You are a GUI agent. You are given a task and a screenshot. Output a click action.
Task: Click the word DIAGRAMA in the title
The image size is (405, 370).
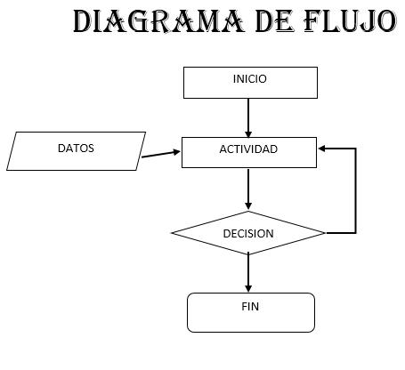coord(158,21)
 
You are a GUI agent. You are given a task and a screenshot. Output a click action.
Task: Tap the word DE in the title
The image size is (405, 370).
coord(274,21)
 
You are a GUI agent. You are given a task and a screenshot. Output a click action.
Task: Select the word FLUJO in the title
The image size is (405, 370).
coord(351,21)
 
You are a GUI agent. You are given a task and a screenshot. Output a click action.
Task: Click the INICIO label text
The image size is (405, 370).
coord(250,79)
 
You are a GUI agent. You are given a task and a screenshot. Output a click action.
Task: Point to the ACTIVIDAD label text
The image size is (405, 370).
coord(248,149)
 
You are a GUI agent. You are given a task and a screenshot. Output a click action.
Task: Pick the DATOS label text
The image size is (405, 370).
coord(76,149)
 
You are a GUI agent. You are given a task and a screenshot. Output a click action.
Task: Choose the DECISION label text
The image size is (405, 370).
coord(248,234)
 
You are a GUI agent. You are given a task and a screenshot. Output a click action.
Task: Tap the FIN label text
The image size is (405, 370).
coord(250,307)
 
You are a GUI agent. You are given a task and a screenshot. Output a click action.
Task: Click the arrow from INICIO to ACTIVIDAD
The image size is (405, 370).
coord(248,118)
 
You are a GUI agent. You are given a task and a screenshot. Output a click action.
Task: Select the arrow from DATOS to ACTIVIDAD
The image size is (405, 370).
coord(161,154)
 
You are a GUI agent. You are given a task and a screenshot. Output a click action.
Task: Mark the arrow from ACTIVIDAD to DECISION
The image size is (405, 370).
coord(248,189)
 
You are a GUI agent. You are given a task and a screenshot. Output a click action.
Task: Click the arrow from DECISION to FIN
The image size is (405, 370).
coord(248,273)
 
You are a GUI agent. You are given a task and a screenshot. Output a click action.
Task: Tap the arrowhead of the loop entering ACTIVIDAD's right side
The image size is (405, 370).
coord(321,149)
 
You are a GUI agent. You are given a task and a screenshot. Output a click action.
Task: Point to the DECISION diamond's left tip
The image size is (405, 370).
coord(172,233)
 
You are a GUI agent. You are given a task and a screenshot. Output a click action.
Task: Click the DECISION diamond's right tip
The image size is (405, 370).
coord(325,233)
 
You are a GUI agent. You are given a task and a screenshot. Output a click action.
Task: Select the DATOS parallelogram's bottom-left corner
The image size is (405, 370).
coord(7,170)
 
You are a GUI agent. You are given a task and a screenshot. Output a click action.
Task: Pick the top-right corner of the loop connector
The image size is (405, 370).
coord(356,149)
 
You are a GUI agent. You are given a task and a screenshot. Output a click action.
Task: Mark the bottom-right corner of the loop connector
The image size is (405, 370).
coord(356,233)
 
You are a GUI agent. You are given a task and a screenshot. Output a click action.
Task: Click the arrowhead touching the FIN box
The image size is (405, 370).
coord(248,289)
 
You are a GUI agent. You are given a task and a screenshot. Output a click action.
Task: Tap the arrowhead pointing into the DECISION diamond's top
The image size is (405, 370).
coord(248,206)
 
